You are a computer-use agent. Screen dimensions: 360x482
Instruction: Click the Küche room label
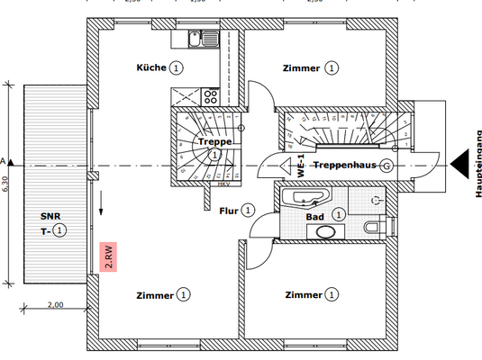pyautogui.click(x=151, y=67)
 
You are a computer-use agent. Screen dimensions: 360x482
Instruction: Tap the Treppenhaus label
pyautogui.click(x=345, y=166)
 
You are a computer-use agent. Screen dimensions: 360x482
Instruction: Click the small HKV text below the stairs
pyautogui.click(x=223, y=185)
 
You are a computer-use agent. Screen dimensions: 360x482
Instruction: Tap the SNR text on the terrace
pyautogui.click(x=50, y=217)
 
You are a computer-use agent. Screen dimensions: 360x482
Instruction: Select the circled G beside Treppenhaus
pyautogui.click(x=386, y=166)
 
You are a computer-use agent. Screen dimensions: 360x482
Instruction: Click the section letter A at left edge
pyautogui.click(x=4, y=162)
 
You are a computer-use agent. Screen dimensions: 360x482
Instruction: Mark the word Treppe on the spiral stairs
pyautogui.click(x=214, y=142)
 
